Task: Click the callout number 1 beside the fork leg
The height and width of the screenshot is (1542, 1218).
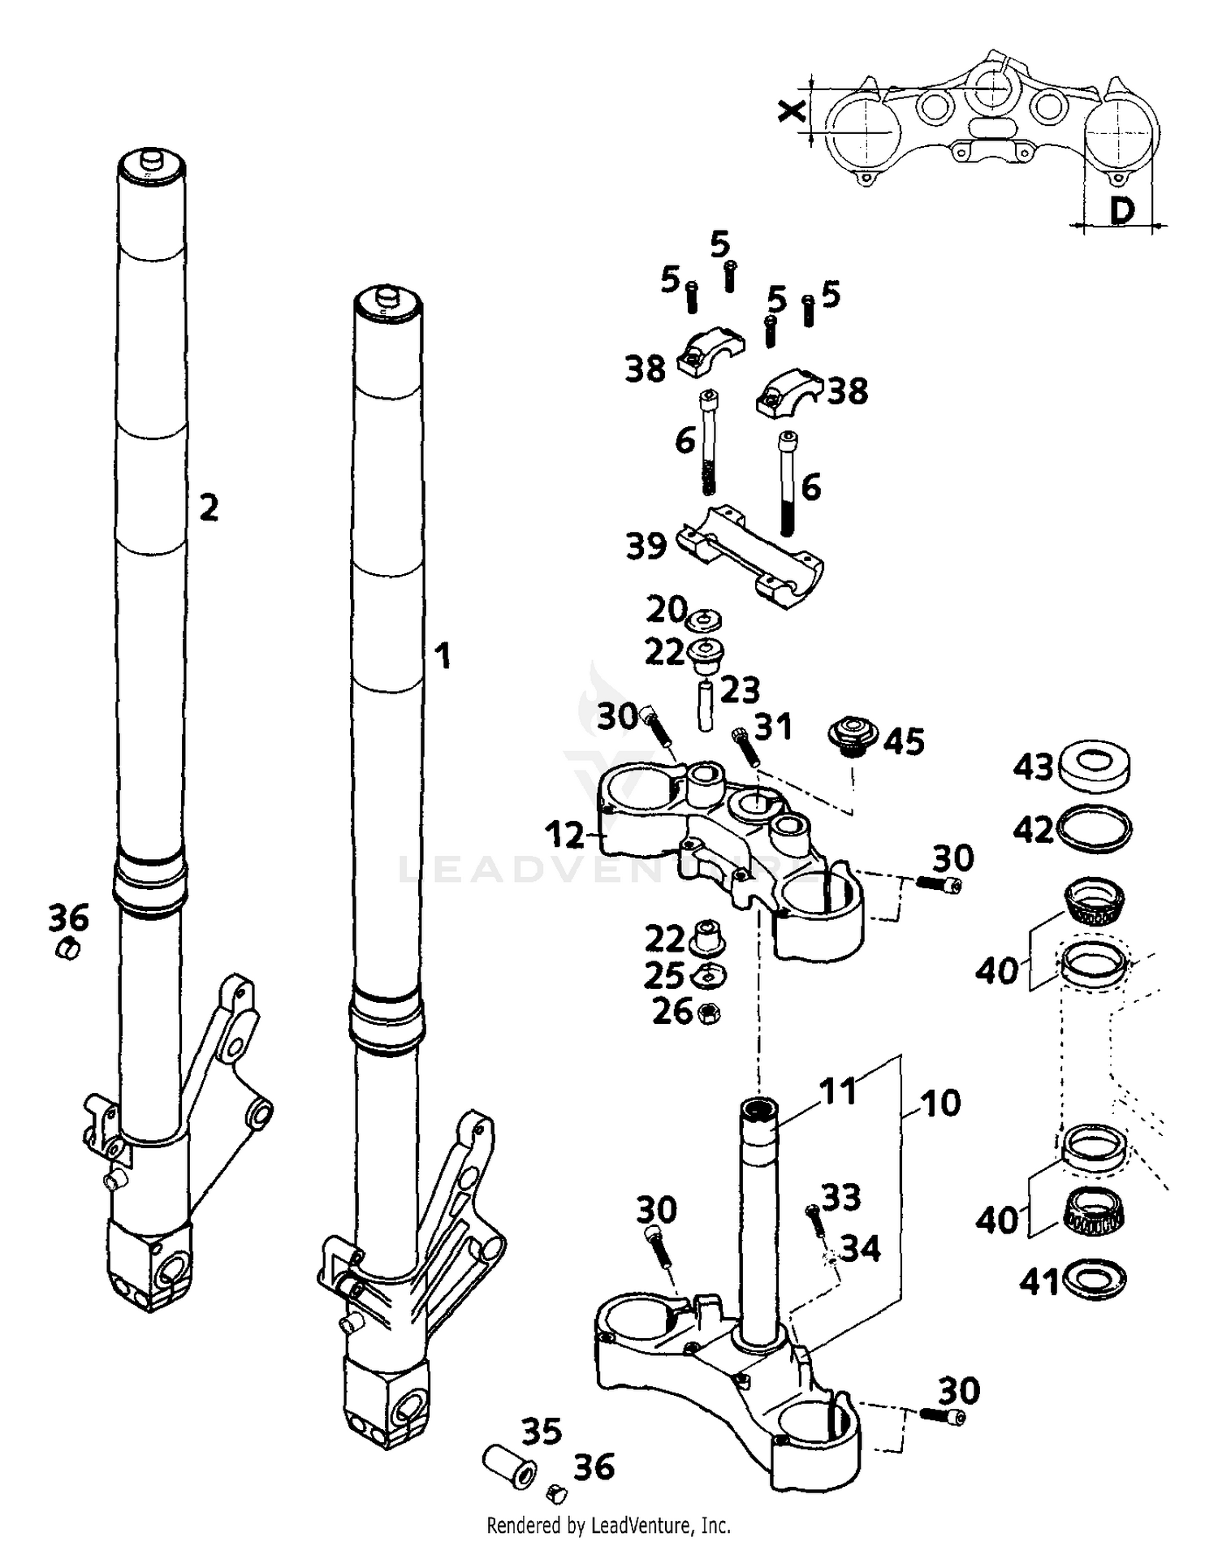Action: [x=442, y=656]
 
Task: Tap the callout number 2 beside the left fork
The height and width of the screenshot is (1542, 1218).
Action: [x=209, y=509]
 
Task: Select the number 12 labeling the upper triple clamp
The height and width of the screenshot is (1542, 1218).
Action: [x=564, y=835]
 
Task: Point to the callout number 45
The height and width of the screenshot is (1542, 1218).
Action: [x=904, y=741]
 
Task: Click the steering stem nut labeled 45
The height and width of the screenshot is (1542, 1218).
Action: [x=853, y=733]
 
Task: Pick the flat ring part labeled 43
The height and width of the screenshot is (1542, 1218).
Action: [x=1095, y=765]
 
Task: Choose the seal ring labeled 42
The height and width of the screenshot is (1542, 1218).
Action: [x=1095, y=827]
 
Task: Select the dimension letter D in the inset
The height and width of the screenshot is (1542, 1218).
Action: [x=1121, y=211]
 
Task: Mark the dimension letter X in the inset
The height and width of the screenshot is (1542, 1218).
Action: [x=789, y=111]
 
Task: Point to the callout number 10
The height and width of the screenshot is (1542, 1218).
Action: [x=940, y=1103]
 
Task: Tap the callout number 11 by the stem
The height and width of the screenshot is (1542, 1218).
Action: [x=837, y=1091]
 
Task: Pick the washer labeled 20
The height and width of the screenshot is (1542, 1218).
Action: [x=703, y=621]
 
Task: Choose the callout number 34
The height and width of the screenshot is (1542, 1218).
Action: [x=860, y=1248]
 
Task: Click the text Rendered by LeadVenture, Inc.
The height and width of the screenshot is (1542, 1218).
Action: [x=608, y=1525]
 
